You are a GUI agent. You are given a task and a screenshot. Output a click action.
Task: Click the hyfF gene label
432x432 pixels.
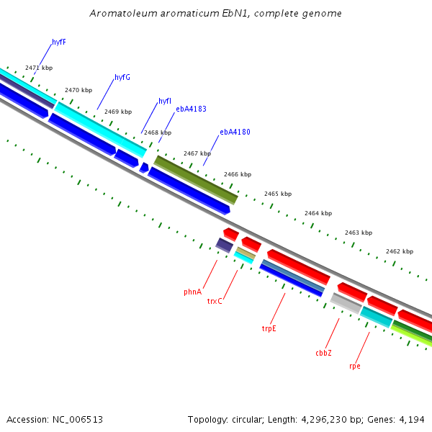point(59,42)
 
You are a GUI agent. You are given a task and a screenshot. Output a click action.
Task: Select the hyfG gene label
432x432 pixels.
point(122,77)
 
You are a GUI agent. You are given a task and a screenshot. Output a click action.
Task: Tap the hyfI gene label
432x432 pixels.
point(165,101)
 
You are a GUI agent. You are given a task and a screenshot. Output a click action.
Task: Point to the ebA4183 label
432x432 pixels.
point(191,109)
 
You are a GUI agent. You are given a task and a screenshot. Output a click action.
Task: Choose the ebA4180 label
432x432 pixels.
point(235,132)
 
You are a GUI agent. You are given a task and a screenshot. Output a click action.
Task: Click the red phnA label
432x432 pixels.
point(192,292)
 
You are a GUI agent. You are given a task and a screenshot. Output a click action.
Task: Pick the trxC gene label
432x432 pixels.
point(215,300)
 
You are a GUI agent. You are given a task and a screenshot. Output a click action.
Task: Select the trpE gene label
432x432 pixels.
point(269,328)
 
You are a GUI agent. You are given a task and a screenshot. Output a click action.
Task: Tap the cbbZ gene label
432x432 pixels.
point(323,353)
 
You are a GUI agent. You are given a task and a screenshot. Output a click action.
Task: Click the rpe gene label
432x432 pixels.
point(354,366)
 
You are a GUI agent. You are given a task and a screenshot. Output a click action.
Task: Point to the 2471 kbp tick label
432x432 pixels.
point(39,68)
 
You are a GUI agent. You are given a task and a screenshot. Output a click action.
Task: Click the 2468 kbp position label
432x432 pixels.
point(158,132)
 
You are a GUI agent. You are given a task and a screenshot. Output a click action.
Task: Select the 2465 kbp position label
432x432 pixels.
point(278,194)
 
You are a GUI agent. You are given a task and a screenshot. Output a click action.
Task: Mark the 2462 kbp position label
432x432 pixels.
point(400,251)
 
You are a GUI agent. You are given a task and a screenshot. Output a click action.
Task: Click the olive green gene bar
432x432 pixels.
point(196,179)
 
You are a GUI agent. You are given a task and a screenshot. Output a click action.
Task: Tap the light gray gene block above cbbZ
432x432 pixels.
point(346,303)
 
